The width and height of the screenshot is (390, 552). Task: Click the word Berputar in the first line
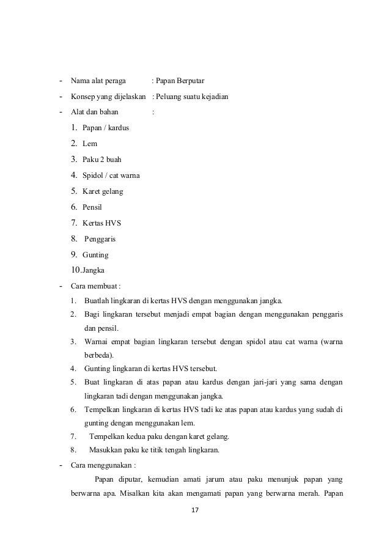191,81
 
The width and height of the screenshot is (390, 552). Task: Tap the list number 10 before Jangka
75,270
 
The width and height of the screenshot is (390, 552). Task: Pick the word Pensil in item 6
92,207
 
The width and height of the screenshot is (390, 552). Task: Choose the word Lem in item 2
89,144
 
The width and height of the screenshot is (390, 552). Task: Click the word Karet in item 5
92,191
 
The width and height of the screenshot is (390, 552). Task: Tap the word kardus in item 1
117,128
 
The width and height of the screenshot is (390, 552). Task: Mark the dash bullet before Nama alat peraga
60,81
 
